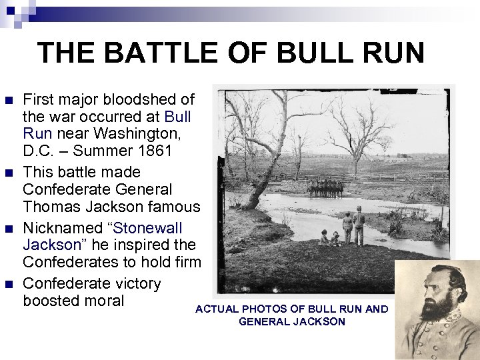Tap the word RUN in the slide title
click(390, 53)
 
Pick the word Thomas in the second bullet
click(49, 207)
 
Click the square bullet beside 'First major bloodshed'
click(9, 101)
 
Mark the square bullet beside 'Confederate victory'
click(9, 284)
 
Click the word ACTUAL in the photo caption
click(217, 309)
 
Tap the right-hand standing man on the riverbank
click(359, 227)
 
